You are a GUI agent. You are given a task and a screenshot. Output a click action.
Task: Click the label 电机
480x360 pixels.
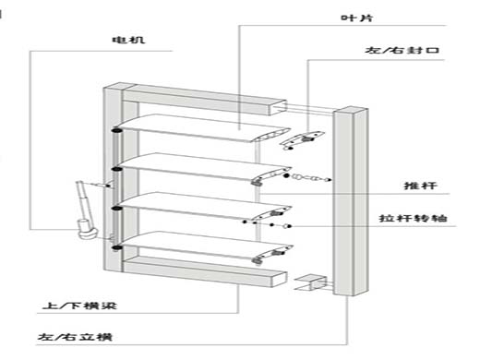(128, 40)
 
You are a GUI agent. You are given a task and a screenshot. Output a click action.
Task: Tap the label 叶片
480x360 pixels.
(357, 18)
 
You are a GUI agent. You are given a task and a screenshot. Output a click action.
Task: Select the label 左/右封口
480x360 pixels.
(402, 50)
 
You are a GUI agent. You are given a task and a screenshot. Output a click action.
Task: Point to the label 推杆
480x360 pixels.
(420, 186)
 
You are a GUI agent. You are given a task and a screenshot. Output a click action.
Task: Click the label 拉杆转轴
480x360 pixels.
(413, 218)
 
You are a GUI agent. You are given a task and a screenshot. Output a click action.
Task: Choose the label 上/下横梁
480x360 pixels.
(79, 306)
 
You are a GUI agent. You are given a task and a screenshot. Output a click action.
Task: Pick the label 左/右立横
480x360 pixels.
(75, 337)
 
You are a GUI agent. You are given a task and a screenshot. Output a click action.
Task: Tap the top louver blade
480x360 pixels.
(203, 128)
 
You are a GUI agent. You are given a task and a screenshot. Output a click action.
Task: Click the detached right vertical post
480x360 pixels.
(351, 201)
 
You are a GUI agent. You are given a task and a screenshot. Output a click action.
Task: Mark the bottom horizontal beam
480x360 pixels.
(205, 271)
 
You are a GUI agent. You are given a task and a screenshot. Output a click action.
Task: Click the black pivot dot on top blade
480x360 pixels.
(116, 130)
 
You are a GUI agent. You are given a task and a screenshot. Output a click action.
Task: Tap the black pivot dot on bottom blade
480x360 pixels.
(116, 247)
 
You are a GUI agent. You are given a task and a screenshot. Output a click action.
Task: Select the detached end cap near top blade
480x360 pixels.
(302, 140)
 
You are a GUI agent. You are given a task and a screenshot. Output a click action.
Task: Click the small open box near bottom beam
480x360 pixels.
(310, 282)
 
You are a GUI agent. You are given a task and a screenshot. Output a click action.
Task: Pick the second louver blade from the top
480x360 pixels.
(204, 168)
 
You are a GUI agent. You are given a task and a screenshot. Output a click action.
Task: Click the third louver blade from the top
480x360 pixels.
(204, 207)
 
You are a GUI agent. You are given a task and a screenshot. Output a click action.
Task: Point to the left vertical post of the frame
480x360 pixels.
(113, 178)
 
